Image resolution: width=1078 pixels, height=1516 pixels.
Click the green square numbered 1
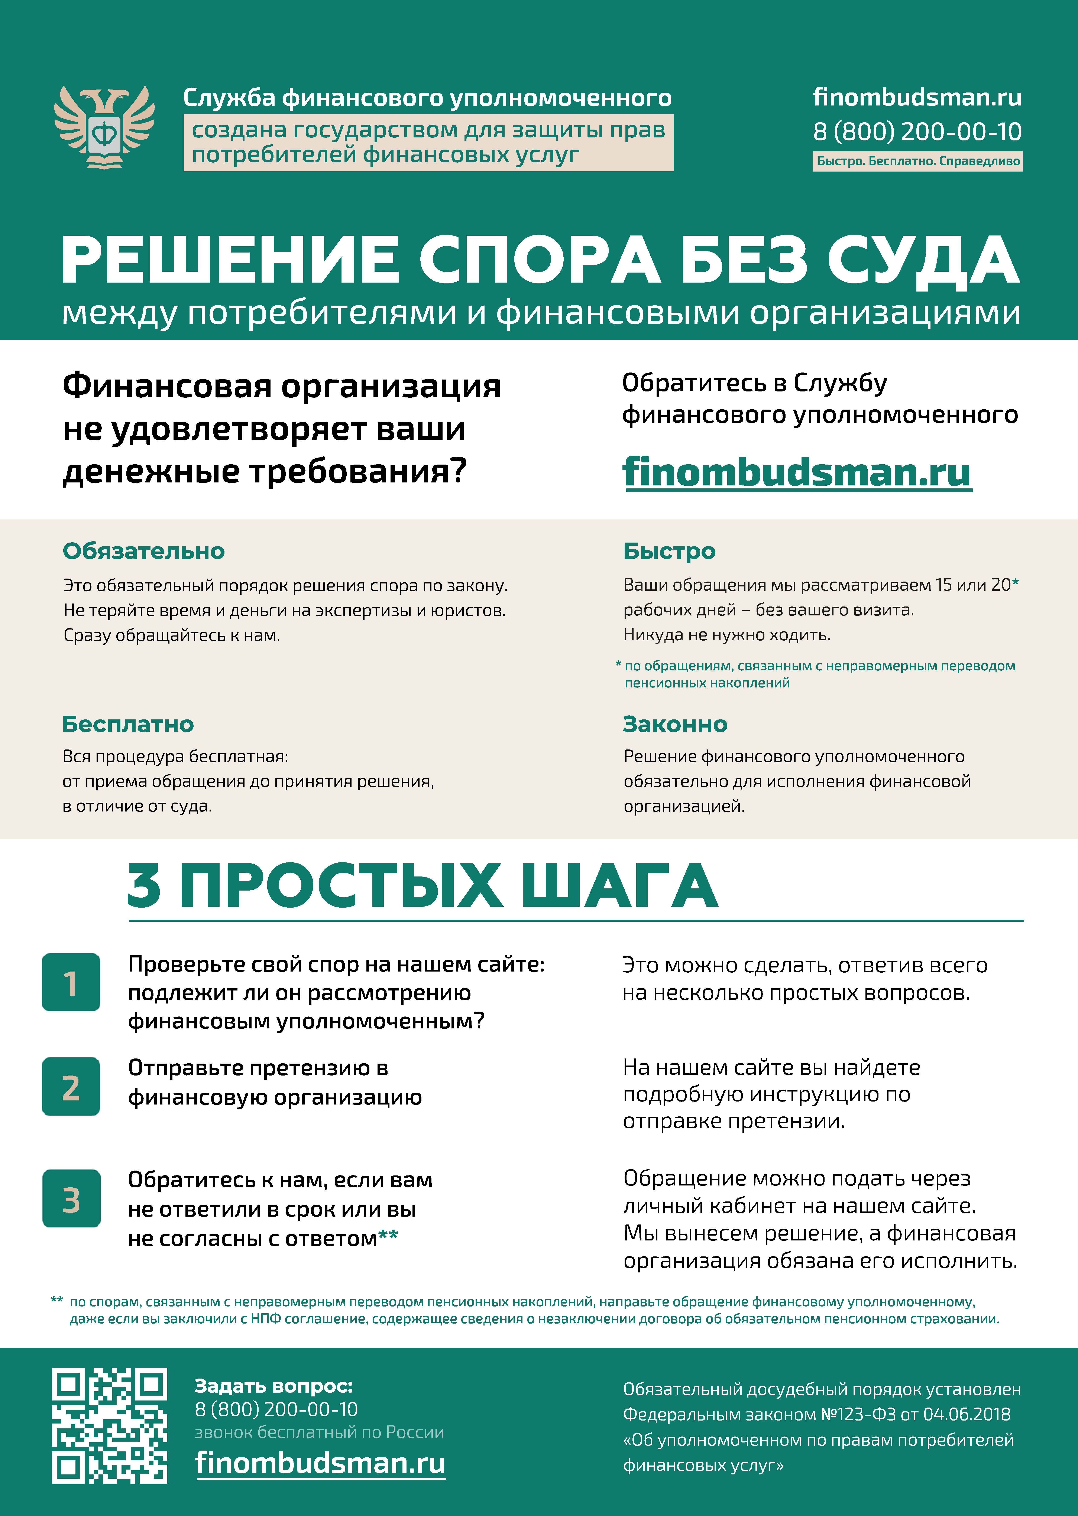[71, 982]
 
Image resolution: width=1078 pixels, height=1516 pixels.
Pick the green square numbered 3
[71, 1198]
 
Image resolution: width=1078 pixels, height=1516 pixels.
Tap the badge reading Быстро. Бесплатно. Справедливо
[917, 161]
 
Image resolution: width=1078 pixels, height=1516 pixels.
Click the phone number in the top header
[917, 131]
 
